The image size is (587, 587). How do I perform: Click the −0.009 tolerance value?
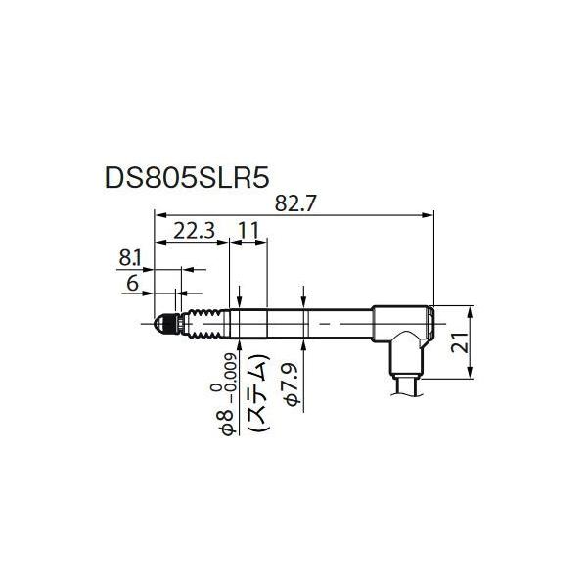(227, 377)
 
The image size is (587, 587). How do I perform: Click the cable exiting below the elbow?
(406, 385)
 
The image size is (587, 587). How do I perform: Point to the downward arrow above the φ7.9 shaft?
(306, 299)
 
